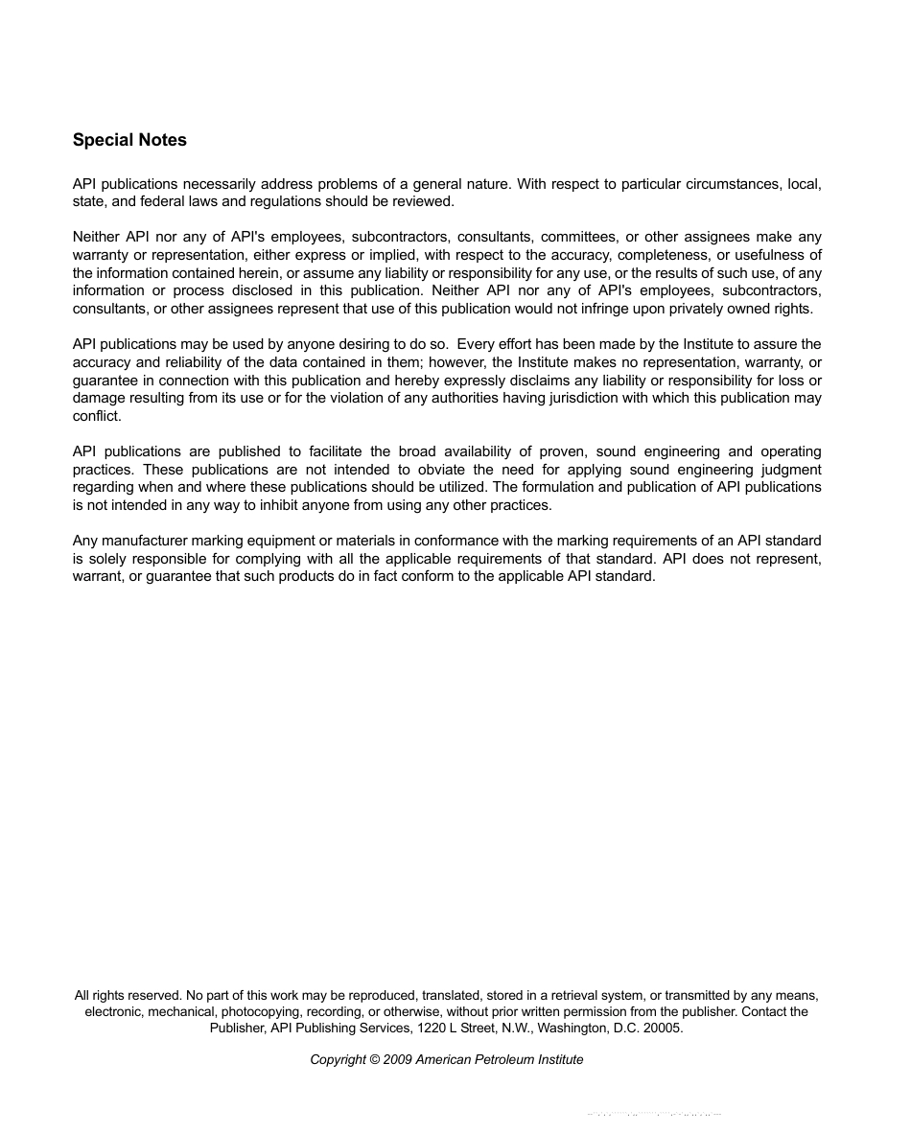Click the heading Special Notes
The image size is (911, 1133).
[129, 140]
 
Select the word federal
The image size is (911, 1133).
[155, 202]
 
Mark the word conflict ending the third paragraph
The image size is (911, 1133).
[97, 416]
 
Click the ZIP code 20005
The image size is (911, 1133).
[661, 1028]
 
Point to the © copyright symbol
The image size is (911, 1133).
[374, 1059]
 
